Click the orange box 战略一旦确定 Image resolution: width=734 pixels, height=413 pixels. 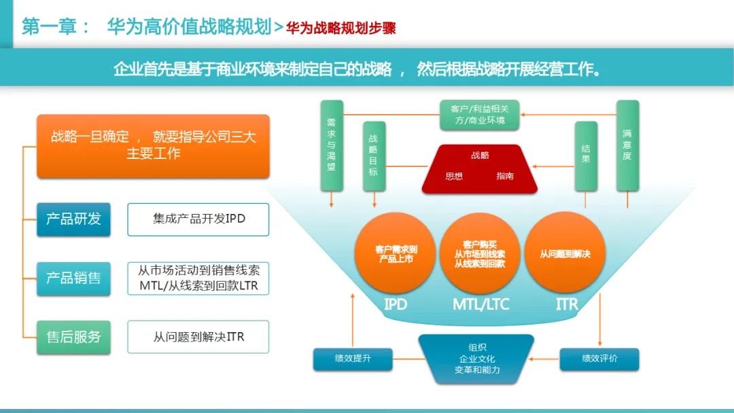[x=153, y=145]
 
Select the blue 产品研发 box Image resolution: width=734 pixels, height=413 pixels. [x=73, y=219]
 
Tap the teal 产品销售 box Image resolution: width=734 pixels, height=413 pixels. [x=73, y=278]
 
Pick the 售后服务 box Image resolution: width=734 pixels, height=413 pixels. [x=73, y=337]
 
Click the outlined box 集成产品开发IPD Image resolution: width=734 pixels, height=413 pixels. [x=198, y=219]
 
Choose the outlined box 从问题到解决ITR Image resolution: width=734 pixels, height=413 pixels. [x=198, y=337]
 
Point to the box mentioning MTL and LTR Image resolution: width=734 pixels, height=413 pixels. [x=198, y=278]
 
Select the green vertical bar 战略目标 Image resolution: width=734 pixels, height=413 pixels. [x=374, y=156]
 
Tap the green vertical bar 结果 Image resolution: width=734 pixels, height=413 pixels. [x=586, y=156]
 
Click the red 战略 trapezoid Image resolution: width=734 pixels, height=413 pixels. [x=480, y=168]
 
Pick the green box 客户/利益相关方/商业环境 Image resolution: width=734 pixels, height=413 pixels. [x=480, y=114]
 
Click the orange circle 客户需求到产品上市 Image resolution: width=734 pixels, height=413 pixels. [x=396, y=253]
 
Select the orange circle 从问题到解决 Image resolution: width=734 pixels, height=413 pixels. [x=565, y=253]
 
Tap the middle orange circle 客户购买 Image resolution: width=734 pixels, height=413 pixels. [x=480, y=253]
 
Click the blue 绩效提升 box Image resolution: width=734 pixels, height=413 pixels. [x=353, y=359]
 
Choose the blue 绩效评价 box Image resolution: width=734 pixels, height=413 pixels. [x=599, y=359]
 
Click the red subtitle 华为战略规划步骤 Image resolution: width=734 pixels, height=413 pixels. [x=340, y=28]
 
